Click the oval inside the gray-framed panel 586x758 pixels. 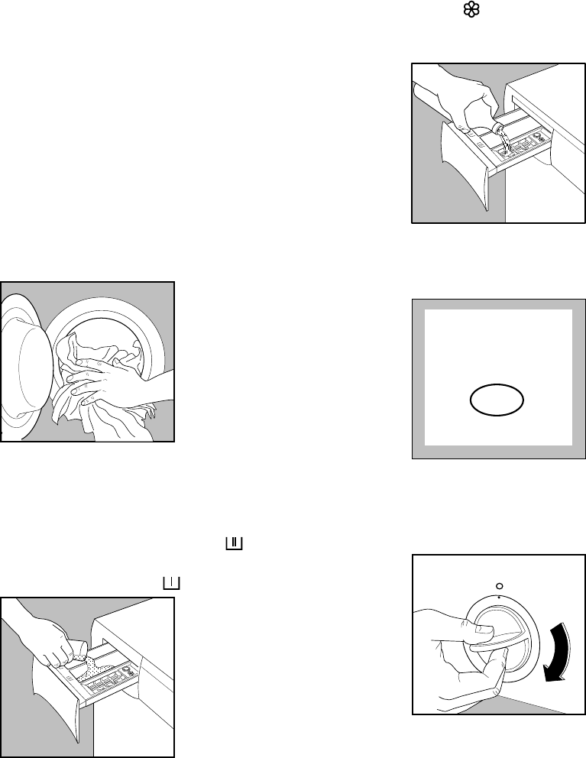497,400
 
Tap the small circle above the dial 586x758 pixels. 498,579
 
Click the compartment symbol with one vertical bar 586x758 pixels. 170,583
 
